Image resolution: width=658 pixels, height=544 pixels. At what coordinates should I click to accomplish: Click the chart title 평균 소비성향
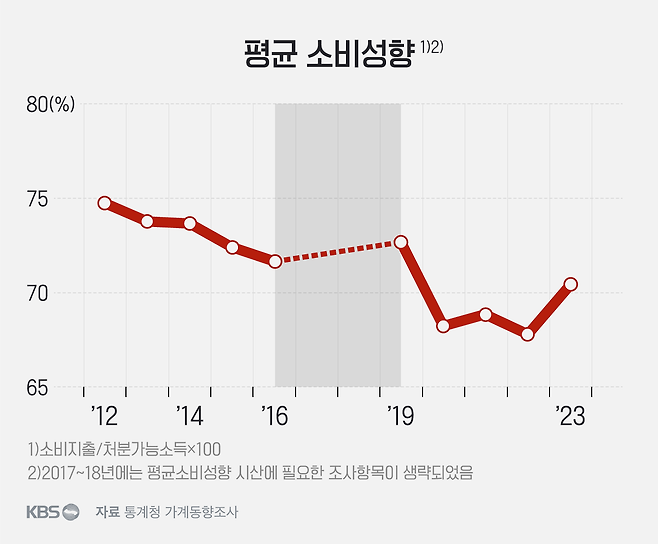coord(328,53)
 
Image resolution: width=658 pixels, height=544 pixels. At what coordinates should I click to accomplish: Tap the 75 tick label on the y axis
coord(37,199)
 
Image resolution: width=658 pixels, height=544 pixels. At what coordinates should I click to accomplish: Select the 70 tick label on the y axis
coord(37,294)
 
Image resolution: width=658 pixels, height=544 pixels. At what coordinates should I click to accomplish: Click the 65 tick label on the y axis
coord(37,387)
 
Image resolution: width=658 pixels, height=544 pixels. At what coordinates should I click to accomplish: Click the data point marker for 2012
coord(105,203)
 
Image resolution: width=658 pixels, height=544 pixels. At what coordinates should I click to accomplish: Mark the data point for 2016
coord(275,261)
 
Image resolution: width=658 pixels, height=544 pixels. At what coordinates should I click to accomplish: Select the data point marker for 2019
coord(401,242)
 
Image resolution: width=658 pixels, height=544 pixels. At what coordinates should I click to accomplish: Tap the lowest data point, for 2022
coord(528,334)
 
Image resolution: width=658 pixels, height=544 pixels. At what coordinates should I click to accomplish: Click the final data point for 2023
coord(571,284)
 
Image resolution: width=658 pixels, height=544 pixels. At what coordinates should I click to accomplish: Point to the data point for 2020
coord(443,326)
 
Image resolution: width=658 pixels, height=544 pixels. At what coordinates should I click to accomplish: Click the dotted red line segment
coord(338,252)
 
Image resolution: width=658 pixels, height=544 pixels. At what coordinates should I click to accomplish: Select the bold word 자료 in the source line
coord(107,512)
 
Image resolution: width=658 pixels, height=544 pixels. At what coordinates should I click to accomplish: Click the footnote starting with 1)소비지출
coord(125,448)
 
